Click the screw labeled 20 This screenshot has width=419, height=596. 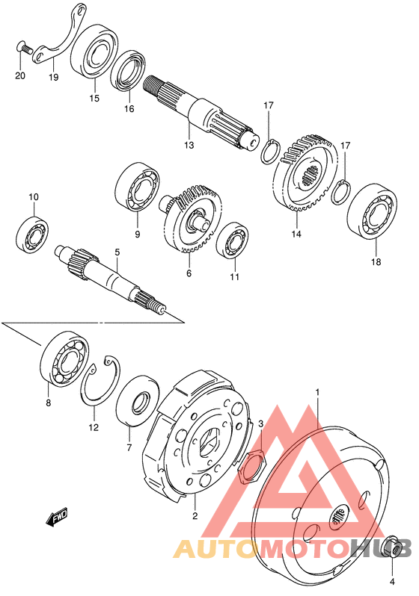click(24, 49)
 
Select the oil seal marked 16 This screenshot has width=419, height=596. click(129, 71)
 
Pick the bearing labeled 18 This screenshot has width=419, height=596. click(372, 211)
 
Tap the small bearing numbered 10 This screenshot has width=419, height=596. click(33, 235)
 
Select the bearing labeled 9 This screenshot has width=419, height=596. click(137, 187)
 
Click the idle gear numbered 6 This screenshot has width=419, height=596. click(190, 219)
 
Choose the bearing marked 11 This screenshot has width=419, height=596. click(233, 240)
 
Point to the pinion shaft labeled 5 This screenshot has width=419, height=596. click(111, 279)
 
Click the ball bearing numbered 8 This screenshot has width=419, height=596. click(65, 358)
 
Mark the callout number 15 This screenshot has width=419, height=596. click(94, 98)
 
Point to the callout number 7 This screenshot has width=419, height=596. click(129, 448)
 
